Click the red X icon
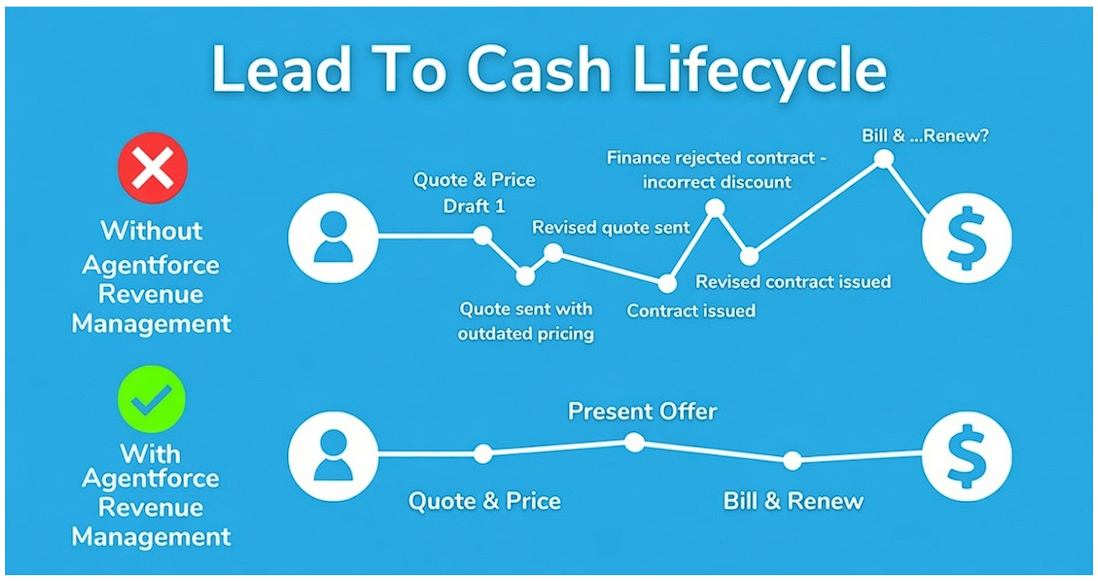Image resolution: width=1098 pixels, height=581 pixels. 152,167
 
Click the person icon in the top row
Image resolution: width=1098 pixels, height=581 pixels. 333,237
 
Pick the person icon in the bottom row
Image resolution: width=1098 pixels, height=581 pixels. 333,455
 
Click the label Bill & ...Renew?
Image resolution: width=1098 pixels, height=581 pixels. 925,135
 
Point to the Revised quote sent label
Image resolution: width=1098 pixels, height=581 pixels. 611,227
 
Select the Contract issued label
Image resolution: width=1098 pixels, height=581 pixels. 691,311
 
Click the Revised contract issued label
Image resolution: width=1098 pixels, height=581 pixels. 793,282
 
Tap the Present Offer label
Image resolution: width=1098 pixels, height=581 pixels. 642,411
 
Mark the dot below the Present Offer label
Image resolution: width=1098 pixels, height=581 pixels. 634,443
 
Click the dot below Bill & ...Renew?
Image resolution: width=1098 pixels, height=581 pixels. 883,159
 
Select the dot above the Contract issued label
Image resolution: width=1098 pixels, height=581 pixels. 668,284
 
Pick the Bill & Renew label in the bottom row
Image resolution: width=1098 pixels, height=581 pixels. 793,500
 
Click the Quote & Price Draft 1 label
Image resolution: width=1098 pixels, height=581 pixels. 474,193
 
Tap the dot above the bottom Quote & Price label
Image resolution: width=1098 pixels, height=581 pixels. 483,453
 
